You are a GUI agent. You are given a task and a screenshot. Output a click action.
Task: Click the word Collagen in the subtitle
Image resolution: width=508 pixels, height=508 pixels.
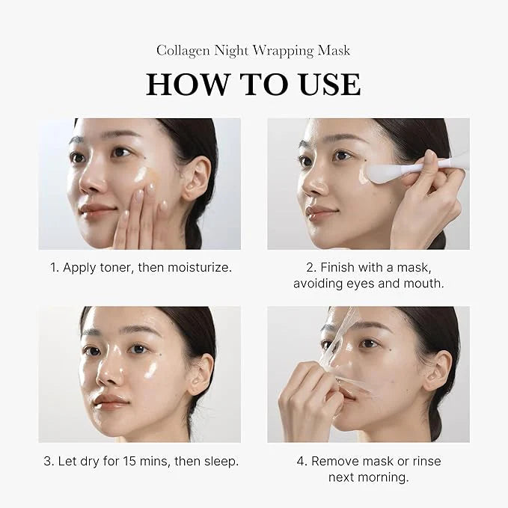tap(183, 51)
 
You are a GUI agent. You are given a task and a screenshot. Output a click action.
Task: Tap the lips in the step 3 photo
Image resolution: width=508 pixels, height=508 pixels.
tap(110, 402)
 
